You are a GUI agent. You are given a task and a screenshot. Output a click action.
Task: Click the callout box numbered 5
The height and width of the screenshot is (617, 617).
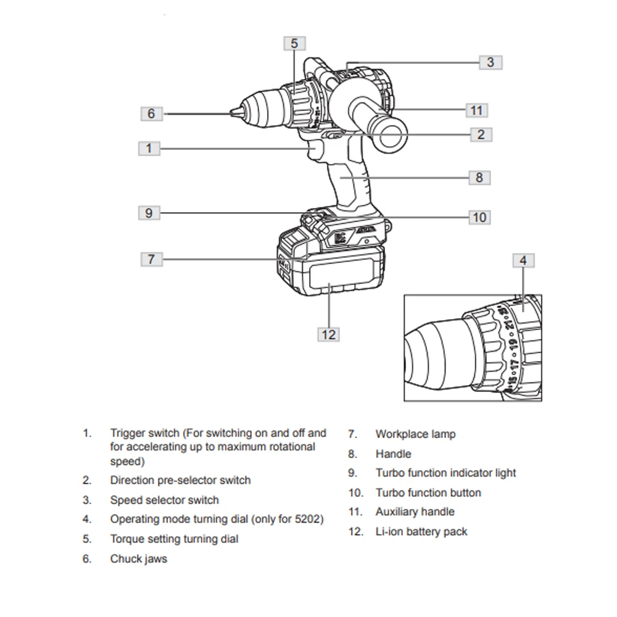[294, 43]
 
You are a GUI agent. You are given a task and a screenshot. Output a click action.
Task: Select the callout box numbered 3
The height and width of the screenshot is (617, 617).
[490, 62]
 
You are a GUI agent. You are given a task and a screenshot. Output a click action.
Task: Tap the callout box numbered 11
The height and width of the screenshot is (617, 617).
[476, 110]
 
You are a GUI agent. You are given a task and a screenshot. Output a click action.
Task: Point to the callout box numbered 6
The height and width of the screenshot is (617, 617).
[151, 114]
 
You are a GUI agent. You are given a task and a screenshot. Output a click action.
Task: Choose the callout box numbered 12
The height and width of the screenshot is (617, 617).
[328, 334]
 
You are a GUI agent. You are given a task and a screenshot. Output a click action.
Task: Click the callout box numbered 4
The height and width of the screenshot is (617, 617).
[523, 260]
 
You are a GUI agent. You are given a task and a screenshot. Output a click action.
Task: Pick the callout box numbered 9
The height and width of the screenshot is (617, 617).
[149, 213]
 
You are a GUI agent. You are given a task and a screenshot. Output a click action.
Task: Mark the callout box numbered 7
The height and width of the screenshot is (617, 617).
[151, 259]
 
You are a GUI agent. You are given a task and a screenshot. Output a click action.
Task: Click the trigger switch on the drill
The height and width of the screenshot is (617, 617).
[314, 150]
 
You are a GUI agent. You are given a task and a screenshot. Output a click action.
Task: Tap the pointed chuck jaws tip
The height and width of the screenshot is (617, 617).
[233, 113]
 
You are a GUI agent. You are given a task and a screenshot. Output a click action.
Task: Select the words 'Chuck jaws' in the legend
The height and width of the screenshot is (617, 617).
[138, 559]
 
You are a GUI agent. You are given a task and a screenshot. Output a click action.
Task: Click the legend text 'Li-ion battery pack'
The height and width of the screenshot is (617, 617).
[421, 531]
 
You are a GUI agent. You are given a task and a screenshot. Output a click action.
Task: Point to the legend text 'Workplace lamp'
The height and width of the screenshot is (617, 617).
[415, 434]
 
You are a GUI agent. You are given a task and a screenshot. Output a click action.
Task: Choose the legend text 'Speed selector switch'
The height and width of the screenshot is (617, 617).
[164, 500]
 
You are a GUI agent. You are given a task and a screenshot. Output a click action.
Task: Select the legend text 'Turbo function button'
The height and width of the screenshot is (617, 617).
[428, 492]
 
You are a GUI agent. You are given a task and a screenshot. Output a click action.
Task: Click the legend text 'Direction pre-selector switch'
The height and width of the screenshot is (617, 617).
[180, 480]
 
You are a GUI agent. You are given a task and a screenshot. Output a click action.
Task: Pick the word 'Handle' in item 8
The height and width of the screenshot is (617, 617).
[393, 454]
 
